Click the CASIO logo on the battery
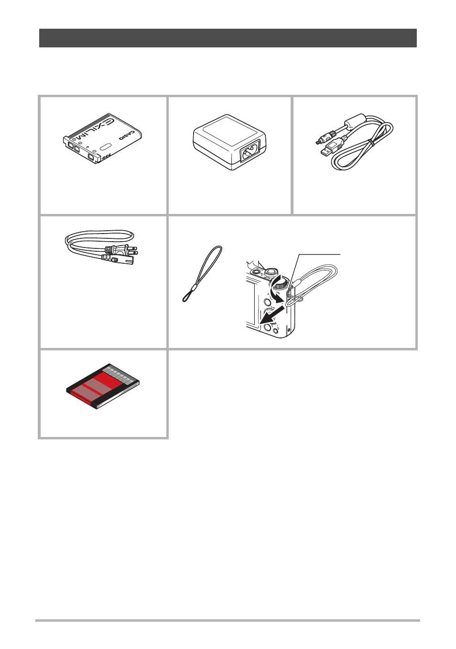point(127,135)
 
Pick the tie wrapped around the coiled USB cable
point(372,143)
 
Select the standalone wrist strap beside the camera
point(202,274)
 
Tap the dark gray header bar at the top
point(228,38)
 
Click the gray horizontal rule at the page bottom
point(228,620)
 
